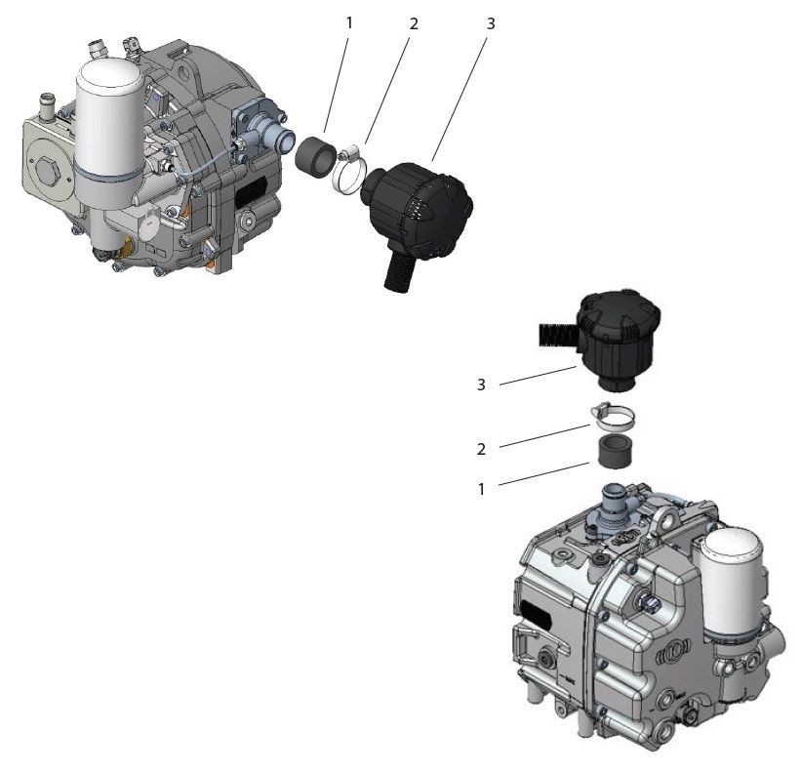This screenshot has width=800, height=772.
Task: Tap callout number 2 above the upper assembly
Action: click(414, 23)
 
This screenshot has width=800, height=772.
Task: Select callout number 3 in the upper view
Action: click(491, 23)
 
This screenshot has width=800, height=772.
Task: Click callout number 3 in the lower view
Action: click(481, 385)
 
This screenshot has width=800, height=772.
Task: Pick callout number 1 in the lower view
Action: click(481, 488)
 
